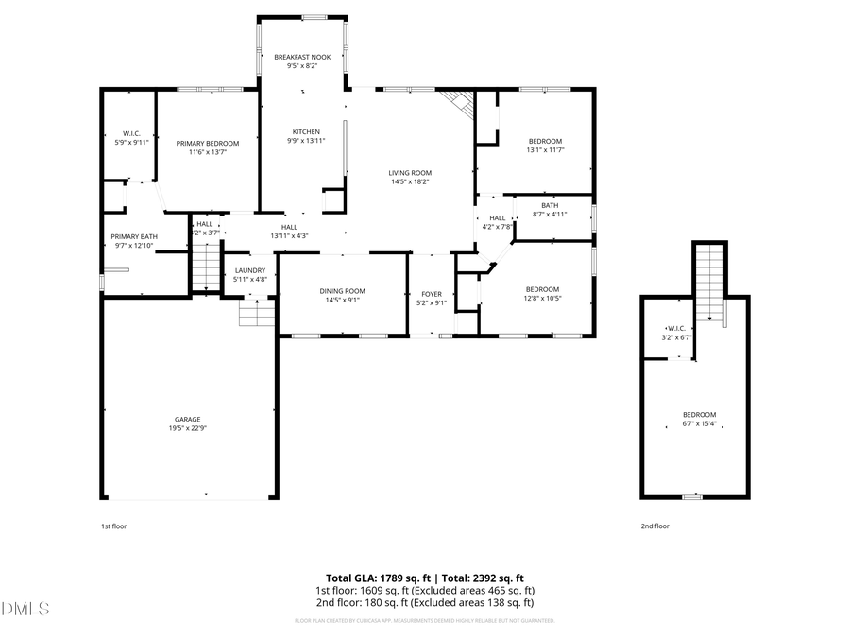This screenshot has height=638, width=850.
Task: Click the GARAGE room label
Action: click(187, 419)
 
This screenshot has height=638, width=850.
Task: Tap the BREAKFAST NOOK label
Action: click(302, 57)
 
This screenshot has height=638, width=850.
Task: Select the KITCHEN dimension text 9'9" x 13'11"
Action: click(305, 141)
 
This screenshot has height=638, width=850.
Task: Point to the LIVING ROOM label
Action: click(410, 173)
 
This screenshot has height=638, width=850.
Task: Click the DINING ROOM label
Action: click(342, 291)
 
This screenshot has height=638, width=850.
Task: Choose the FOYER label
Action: click(432, 294)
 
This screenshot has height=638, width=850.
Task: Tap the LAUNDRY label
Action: click(250, 270)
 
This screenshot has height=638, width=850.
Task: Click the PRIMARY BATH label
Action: click(134, 236)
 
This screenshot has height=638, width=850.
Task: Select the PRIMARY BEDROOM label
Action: click(208, 143)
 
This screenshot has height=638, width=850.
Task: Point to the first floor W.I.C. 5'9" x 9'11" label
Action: click(131, 137)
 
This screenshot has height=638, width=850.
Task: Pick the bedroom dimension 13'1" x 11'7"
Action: click(545, 149)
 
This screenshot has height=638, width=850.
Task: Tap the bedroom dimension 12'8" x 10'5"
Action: click(542, 298)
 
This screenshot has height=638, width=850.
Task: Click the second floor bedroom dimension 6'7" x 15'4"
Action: click(700, 422)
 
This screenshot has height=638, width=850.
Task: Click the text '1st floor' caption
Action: click(113, 526)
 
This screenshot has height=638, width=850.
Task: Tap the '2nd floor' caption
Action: click(655, 526)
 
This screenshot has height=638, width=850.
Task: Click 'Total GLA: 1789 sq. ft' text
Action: click(378, 578)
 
